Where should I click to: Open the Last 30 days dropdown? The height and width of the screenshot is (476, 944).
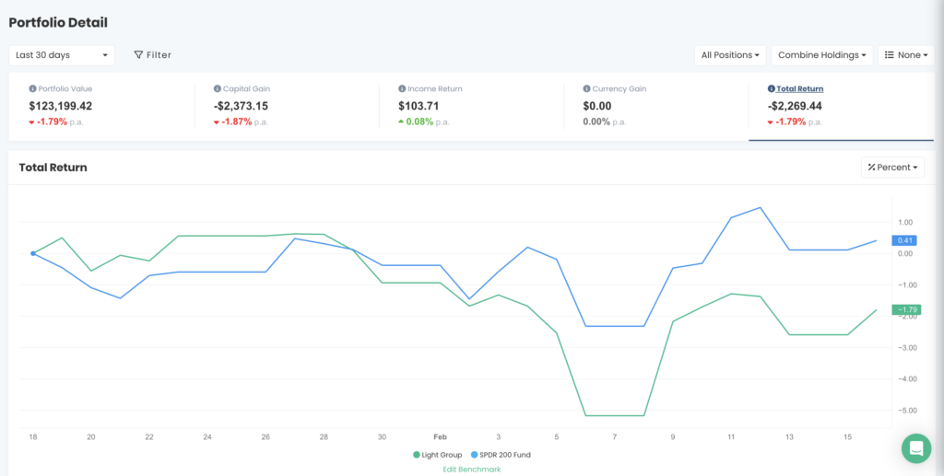click(x=62, y=55)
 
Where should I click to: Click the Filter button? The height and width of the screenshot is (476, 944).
click(x=153, y=55)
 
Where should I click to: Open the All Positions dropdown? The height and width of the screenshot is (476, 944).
click(x=730, y=55)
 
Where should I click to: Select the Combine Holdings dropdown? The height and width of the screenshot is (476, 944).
click(x=821, y=55)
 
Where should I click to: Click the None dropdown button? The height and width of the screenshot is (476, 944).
click(x=905, y=55)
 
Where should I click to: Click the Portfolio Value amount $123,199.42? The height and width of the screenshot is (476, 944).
click(x=61, y=106)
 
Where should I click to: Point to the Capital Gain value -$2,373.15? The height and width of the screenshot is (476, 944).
click(x=241, y=106)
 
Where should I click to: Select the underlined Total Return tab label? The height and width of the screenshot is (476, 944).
click(x=799, y=89)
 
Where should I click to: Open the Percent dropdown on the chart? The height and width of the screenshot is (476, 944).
click(x=893, y=168)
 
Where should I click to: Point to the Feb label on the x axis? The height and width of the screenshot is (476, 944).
click(x=440, y=436)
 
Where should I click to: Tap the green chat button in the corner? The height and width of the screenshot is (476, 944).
click(x=916, y=448)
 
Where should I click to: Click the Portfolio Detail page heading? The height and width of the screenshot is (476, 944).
click(x=58, y=21)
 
